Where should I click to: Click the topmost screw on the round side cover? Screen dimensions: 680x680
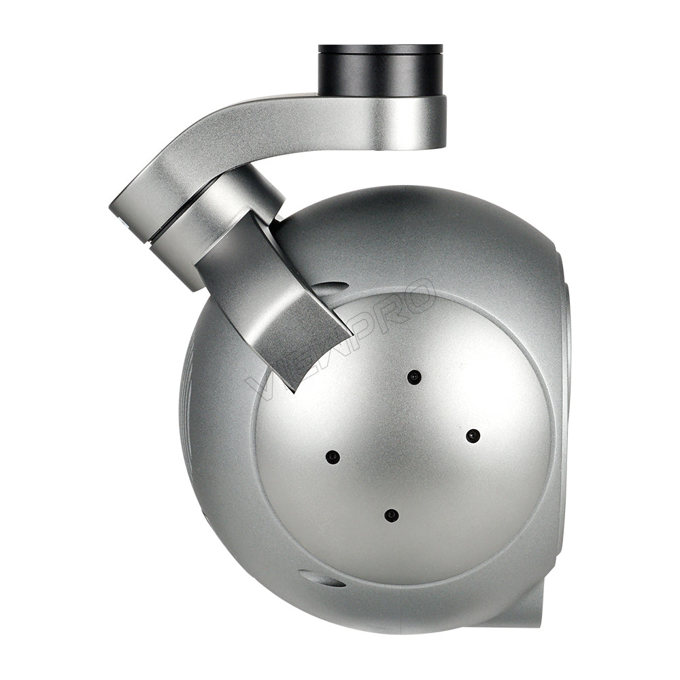click(413, 376)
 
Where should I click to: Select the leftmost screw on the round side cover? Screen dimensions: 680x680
click(333, 456)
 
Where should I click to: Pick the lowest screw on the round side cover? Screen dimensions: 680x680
click(391, 515)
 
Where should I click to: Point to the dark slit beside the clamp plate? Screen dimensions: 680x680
click(330, 286)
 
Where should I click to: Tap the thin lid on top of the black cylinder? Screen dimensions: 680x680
click(380, 49)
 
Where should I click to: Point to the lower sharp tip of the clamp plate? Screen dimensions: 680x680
click(294, 388)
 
